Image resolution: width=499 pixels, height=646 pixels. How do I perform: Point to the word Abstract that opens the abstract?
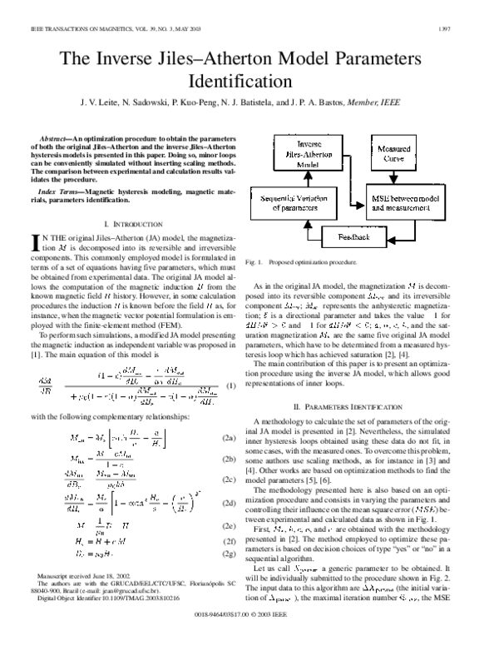point(55,136)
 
